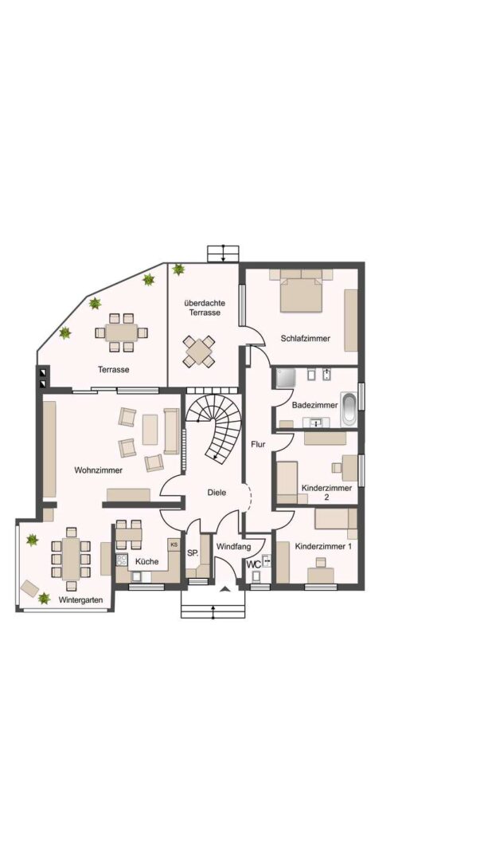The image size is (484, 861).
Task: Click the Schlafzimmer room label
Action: point(305,338)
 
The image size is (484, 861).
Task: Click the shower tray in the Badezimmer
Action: point(286,378)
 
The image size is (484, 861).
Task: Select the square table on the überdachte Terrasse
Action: point(199,350)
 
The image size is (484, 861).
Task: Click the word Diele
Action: point(217,493)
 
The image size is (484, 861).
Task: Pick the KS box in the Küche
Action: point(174,545)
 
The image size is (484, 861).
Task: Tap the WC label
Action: point(254,564)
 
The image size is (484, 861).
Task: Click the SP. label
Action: point(193,553)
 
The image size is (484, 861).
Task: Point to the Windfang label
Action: point(234,547)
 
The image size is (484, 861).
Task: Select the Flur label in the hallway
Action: point(258,444)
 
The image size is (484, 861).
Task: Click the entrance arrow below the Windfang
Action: point(225,588)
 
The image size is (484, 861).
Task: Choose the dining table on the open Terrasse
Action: point(121,329)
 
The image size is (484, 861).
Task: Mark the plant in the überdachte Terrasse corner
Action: point(178,269)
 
